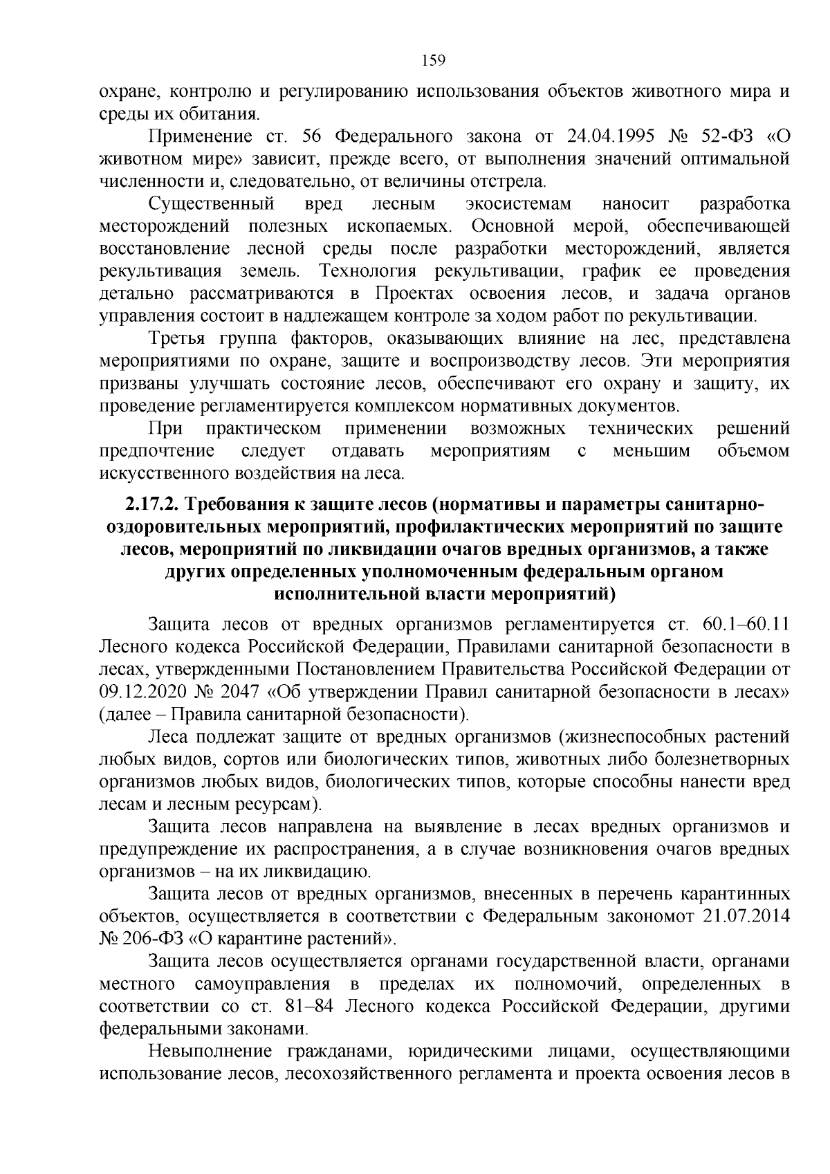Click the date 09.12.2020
click(142, 692)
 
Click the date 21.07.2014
click(745, 917)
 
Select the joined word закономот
click(649, 917)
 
